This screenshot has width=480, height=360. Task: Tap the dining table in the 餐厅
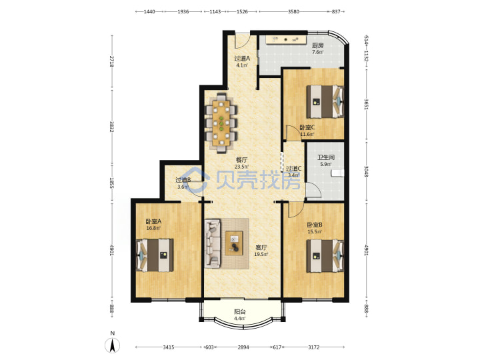221,123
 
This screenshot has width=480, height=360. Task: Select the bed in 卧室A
155,255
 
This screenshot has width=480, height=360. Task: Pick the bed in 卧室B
325,255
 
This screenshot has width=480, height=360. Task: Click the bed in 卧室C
325,101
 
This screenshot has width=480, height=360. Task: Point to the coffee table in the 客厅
234,243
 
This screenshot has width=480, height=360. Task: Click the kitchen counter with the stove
286,39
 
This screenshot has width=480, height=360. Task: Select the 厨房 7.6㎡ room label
318,49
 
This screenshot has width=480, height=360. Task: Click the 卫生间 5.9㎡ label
326,161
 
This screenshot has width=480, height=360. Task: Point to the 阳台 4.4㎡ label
240,315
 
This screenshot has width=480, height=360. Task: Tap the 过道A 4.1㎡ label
242,61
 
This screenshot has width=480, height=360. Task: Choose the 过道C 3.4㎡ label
293,172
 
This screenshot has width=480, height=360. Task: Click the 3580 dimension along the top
293,11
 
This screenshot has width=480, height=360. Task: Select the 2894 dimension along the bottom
243,347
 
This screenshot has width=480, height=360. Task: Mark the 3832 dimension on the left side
112,127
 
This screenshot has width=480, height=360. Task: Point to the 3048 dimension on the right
366,171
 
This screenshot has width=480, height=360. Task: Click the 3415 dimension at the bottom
169,347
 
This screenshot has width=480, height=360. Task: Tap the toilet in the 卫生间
337,173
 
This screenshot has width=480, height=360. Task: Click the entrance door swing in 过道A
243,41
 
